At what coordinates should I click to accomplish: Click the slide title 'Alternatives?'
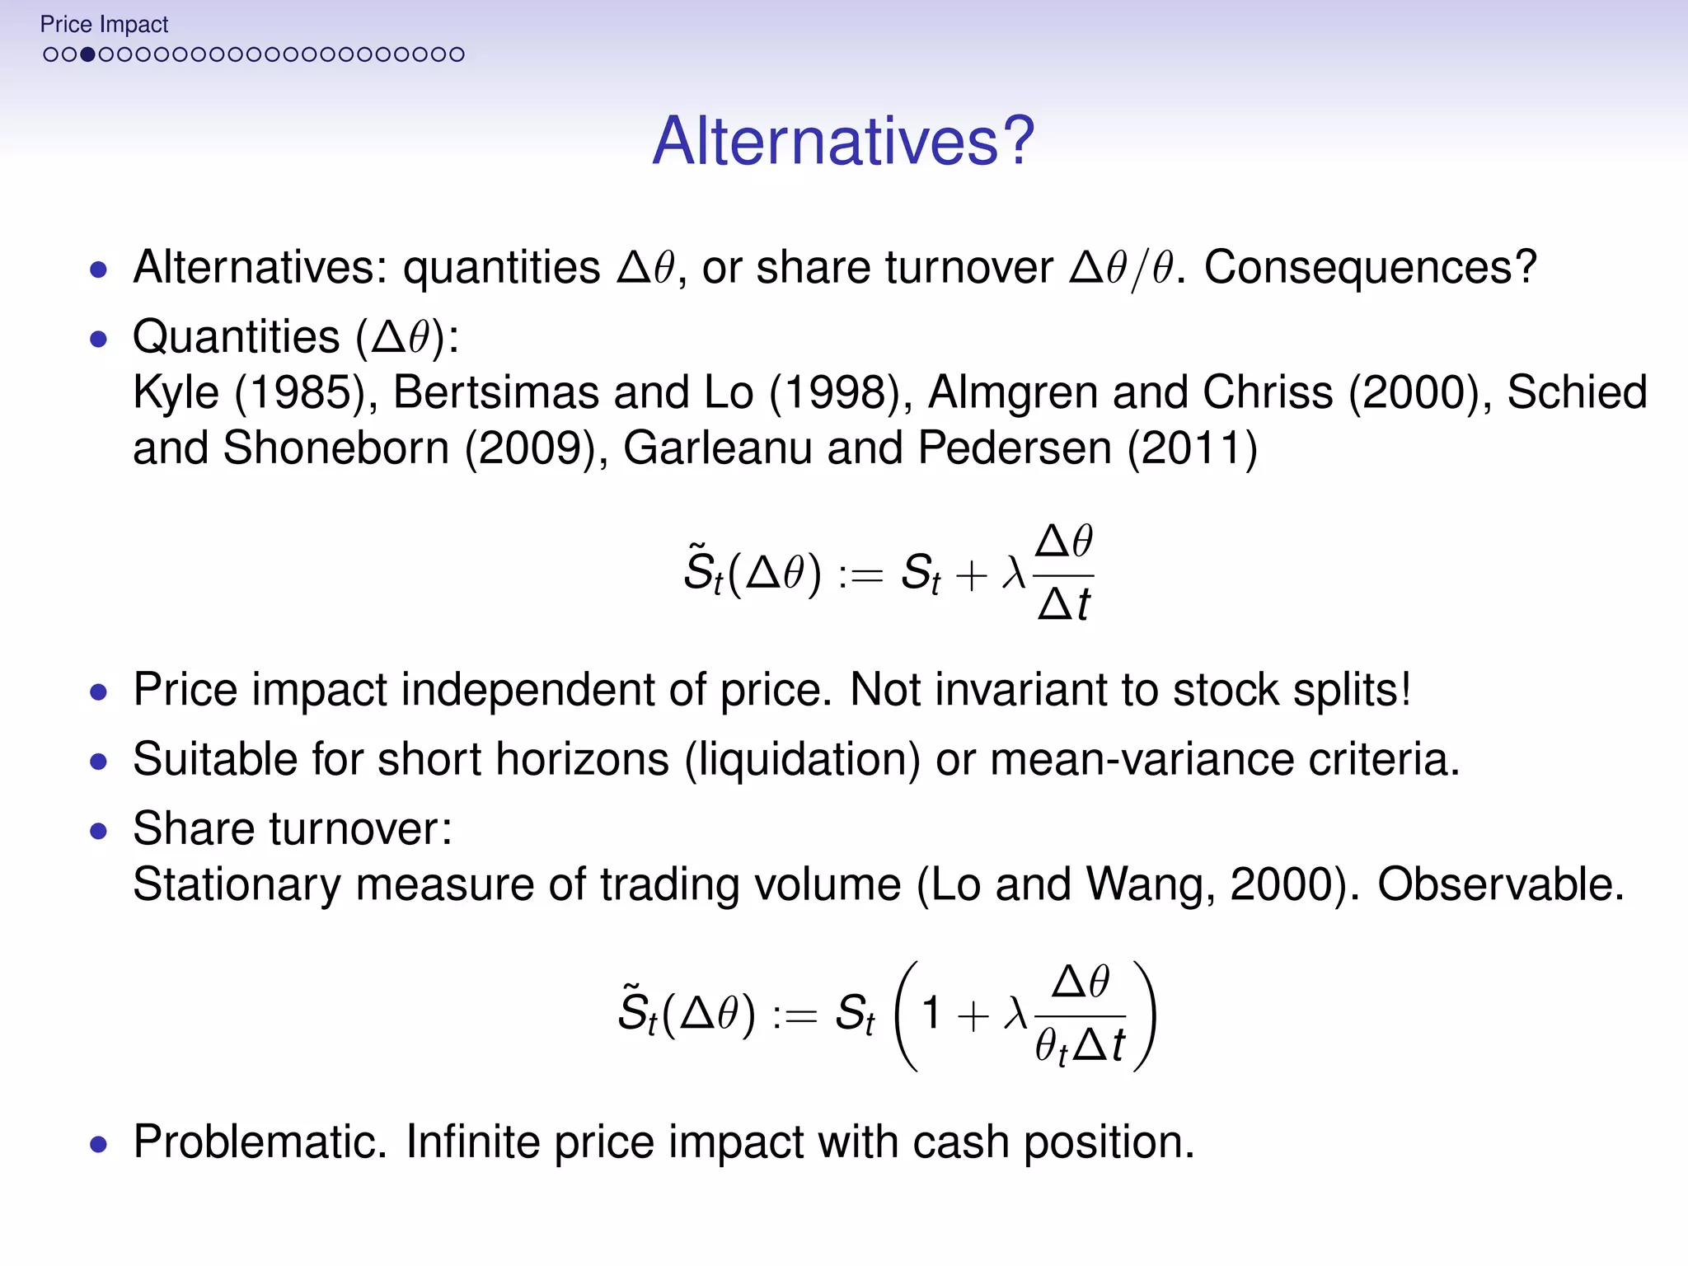(x=843, y=141)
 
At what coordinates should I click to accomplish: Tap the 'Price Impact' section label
(x=104, y=25)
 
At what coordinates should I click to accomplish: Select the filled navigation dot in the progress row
(x=87, y=55)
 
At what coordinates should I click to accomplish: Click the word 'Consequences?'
(x=1370, y=268)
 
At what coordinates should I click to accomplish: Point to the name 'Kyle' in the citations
(x=176, y=392)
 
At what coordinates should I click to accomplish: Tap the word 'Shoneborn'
(x=336, y=448)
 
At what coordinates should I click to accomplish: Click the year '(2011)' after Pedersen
(x=1192, y=448)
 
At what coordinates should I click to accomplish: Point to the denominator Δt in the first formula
(x=1063, y=604)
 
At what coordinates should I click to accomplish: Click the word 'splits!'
(x=1352, y=689)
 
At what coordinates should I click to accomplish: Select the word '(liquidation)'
(x=802, y=759)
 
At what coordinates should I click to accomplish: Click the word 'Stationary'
(x=237, y=884)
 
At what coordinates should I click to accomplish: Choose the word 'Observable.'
(x=1501, y=884)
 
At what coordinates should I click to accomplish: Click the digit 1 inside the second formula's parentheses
(x=931, y=1013)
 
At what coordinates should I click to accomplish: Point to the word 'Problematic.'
(x=260, y=1142)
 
